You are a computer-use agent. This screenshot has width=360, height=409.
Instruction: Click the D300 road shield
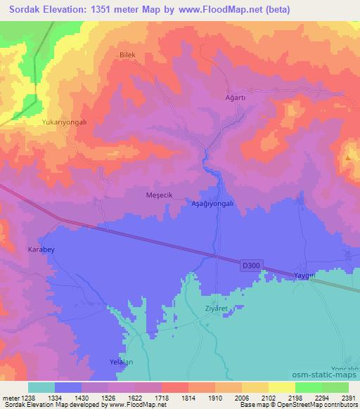tap(250, 265)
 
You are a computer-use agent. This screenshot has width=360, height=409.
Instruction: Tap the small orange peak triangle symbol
tap(348, 159)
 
